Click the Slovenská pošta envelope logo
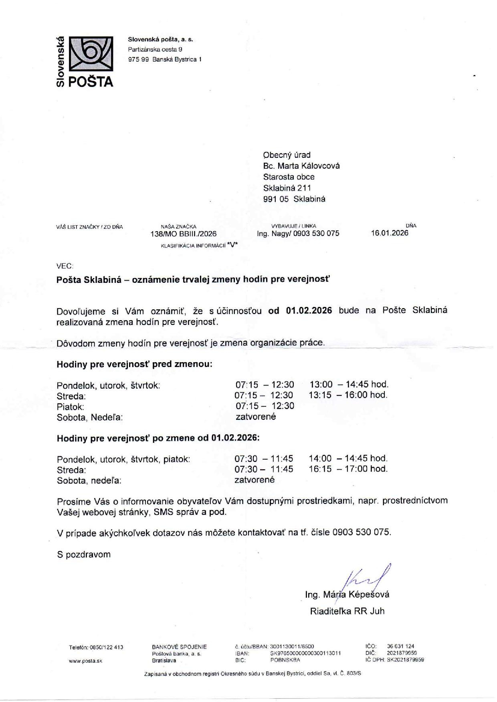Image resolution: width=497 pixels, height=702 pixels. click(91, 54)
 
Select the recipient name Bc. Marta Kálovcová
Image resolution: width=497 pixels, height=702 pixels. click(301, 166)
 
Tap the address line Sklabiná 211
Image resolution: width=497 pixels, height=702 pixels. click(287, 188)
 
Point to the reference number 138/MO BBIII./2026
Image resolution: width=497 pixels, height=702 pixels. click(183, 234)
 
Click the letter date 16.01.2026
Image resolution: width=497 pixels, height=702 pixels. click(390, 233)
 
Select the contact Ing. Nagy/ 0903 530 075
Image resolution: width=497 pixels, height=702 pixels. click(298, 234)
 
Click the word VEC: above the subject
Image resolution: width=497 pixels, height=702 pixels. click(65, 266)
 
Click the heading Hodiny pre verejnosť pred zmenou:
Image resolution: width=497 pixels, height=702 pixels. click(134, 365)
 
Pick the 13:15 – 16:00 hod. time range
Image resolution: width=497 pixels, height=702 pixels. click(348, 395)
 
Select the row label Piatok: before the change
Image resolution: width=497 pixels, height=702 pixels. click(70, 407)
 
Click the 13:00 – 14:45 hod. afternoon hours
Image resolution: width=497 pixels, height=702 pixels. click(349, 385)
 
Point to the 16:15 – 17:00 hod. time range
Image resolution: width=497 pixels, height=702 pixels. click(348, 469)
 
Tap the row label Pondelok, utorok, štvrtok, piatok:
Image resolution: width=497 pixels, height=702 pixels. click(123, 459)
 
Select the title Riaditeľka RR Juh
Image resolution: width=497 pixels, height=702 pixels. click(347, 611)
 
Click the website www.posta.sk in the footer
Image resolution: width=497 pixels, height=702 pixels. click(85, 661)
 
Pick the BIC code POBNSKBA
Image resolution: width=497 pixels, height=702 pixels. click(285, 660)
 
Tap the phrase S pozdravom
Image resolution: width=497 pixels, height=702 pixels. click(83, 555)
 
